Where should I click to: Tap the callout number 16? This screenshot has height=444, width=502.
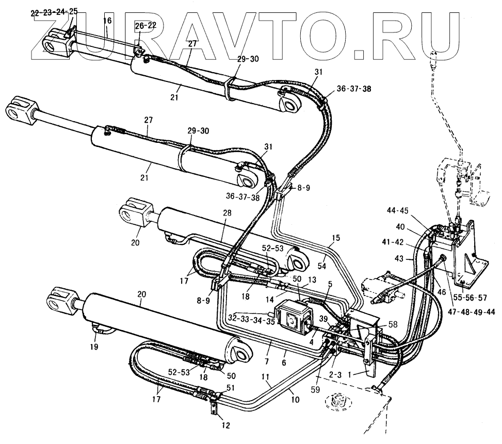[x=107, y=21]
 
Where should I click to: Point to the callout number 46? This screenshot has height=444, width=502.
[x=442, y=291]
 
